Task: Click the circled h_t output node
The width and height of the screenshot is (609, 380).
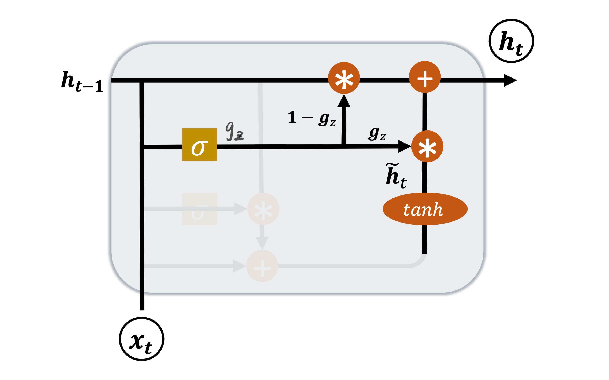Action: coord(511,41)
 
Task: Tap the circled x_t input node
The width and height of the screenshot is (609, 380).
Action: coord(141,339)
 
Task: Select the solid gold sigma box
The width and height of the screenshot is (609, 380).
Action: coord(199,145)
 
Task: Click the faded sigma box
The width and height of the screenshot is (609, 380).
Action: coord(199,209)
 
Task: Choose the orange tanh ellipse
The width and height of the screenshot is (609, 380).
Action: coord(425,209)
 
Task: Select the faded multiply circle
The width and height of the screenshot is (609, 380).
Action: coord(263,209)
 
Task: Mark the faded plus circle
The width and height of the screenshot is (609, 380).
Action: coord(262,266)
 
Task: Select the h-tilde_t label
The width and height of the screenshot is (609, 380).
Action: coord(396,176)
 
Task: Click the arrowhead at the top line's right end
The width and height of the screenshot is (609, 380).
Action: coord(510,80)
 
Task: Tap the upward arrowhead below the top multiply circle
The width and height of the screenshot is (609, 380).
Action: coord(344,100)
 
